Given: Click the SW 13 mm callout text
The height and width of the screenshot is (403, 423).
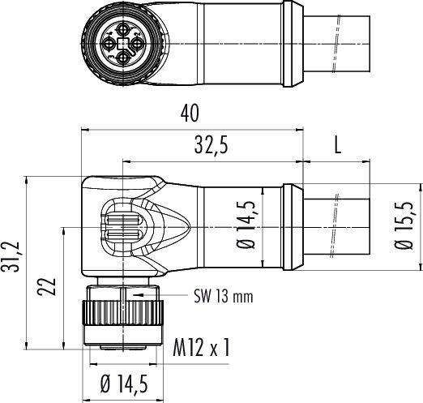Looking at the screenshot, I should (211, 297).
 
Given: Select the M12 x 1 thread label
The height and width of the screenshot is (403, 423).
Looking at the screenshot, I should (202, 348).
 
